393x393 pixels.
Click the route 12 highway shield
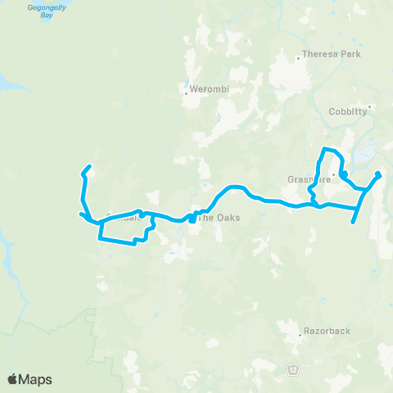point(292,370)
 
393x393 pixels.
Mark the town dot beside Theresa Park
point(298,57)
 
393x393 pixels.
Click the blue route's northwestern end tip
point(87,169)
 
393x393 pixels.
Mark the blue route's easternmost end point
point(378,174)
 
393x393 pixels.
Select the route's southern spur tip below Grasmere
point(353,222)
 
